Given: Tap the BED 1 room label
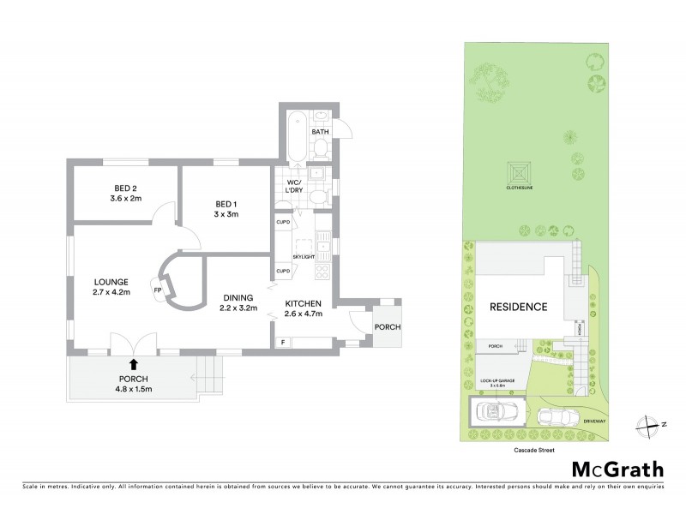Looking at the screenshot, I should click(226, 203).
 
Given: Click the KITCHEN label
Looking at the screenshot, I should click(304, 303).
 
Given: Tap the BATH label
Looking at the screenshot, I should click(321, 132).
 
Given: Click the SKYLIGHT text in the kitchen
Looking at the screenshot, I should click(303, 256).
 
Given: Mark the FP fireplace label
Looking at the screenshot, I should click(158, 290).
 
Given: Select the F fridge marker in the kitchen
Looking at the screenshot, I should click(284, 343).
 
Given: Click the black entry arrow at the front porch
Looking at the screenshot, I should click(133, 364).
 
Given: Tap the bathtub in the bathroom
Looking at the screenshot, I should click(293, 136).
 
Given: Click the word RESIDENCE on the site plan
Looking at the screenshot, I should click(519, 307).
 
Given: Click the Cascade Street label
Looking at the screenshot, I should click(520, 447).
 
